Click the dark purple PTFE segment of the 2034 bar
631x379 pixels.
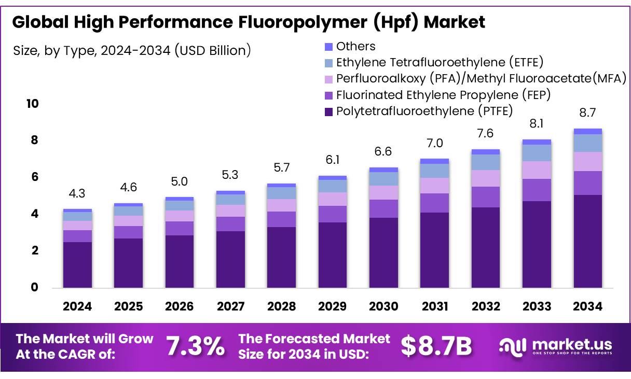(587, 241)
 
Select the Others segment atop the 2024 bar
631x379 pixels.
(77, 210)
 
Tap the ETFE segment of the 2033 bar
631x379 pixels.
(537, 153)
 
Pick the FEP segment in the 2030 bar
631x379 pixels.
(383, 208)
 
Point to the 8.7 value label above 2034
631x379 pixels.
(587, 112)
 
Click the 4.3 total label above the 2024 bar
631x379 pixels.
(77, 193)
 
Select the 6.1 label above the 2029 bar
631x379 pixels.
(333, 160)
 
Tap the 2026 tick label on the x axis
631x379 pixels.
(180, 306)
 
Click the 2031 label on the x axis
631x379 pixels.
(435, 306)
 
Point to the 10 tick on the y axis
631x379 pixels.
(32, 104)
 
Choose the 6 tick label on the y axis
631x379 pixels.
(35, 177)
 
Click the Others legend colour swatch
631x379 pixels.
(328, 47)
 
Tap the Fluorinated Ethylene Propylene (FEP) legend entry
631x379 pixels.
(443, 95)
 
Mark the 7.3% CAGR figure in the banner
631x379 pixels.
(196, 346)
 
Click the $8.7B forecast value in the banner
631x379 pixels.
(436, 346)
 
